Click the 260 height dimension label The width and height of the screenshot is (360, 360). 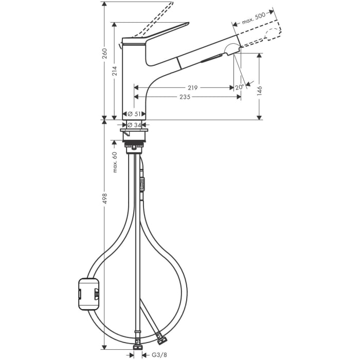[104, 53]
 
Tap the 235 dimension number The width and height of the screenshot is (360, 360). [186, 97]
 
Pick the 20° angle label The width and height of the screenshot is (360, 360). [240, 87]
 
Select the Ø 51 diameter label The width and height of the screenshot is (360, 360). [134, 114]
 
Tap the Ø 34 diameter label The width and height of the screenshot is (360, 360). [134, 125]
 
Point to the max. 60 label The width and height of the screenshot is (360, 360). [115, 161]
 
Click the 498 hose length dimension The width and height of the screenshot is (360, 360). [104, 199]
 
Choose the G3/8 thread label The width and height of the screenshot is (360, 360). [155, 355]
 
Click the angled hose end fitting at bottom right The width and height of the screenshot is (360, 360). [160, 339]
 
